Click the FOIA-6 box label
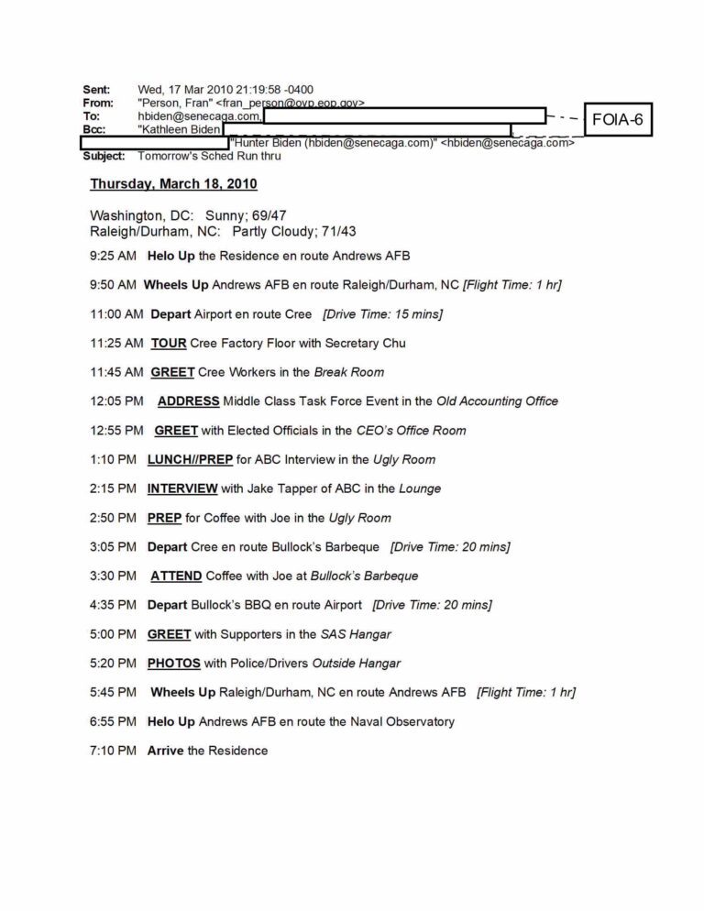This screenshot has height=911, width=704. point(617,120)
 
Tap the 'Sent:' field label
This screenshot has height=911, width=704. point(96,90)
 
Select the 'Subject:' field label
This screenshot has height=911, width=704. point(104,156)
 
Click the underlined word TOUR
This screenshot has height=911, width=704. point(169,343)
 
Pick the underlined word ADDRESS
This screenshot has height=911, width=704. point(188,401)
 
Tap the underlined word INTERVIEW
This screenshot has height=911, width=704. point(182,488)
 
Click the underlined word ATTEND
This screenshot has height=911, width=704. point(176,576)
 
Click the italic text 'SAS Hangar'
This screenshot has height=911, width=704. point(356,633)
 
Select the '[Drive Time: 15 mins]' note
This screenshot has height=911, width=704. point(382,313)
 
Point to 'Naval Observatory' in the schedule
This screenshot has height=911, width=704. point(402,721)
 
